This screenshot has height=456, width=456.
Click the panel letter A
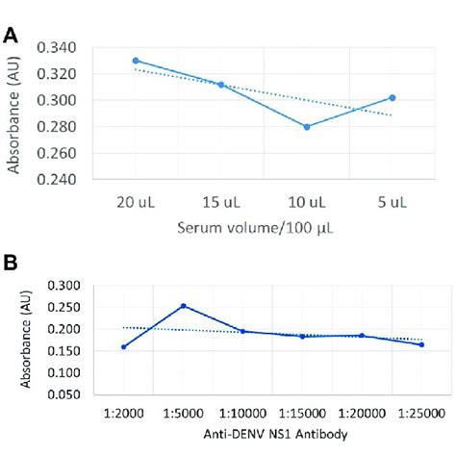coord(11,36)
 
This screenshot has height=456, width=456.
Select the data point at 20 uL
coord(136,60)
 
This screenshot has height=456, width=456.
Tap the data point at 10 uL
coord(307,127)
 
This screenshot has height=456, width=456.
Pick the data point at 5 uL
coord(393,97)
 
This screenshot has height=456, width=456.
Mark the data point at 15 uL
coord(221,85)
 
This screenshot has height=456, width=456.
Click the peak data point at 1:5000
coord(183,306)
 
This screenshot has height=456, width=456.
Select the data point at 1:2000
coord(124,346)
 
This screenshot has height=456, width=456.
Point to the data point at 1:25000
coord(421,344)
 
